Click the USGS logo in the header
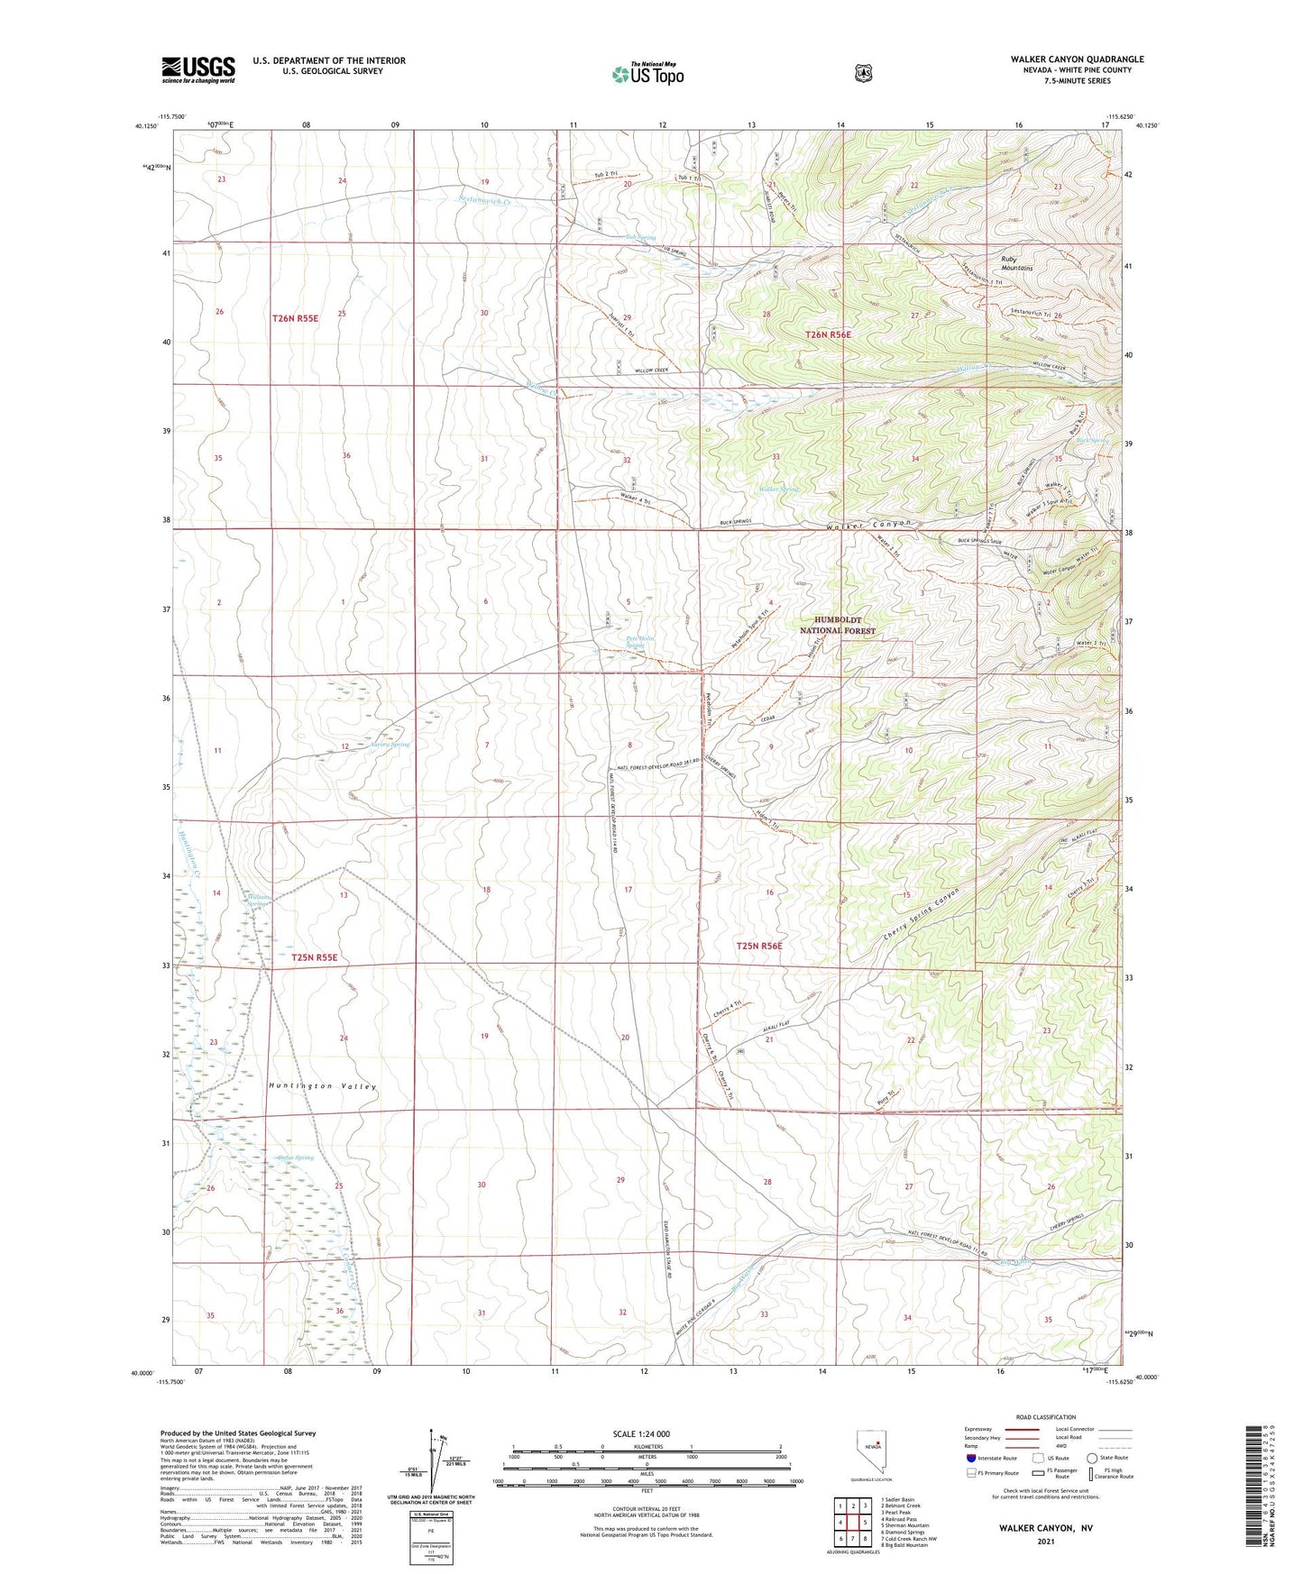point(198,69)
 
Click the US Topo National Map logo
point(647,73)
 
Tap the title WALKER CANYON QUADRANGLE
point(1077,59)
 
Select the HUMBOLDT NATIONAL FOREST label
point(838,625)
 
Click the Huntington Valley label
point(322,1086)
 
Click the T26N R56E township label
point(827,334)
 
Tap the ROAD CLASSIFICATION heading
point(1045,1417)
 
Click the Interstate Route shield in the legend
point(970,1458)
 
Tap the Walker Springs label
point(779,490)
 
